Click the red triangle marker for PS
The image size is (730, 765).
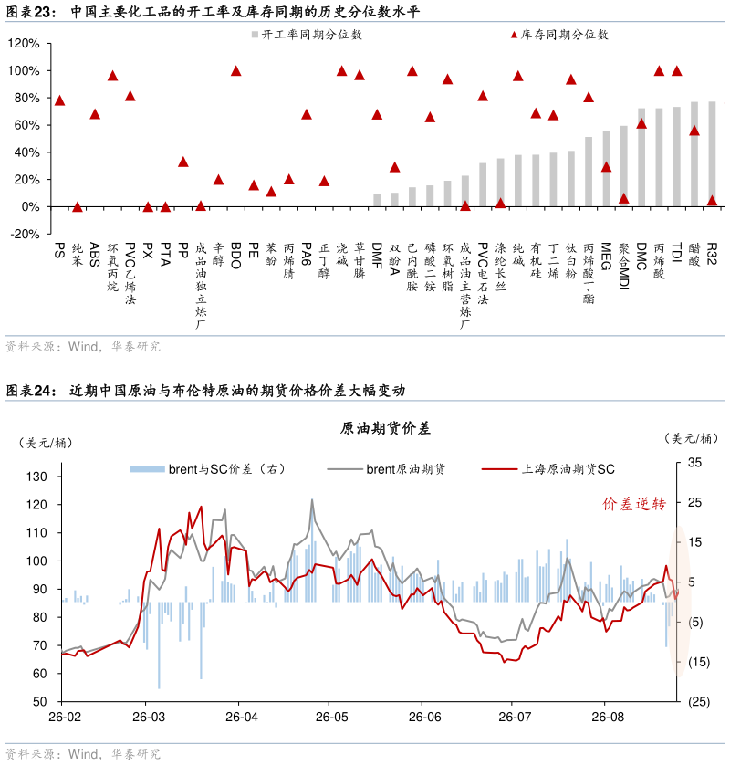coord(59,100)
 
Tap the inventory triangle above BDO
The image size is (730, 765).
coord(235,70)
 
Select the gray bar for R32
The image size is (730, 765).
coord(712,153)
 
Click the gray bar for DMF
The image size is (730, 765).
coord(377,200)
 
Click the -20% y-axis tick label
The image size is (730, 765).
coord(25,234)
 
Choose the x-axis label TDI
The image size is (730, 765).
coord(676,252)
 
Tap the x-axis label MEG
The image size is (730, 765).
coord(606,256)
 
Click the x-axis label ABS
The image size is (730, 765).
coord(95,254)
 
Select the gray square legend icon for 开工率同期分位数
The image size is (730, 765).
coord(255,35)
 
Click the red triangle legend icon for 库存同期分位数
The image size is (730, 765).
coord(514,35)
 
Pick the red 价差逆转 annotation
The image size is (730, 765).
coord(634,504)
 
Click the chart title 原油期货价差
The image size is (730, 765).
coord(385,428)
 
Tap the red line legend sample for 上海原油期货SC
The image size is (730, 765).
coord(499,469)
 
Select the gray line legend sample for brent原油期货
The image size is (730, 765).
coord(345,469)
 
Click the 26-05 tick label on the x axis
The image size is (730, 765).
coord(331,717)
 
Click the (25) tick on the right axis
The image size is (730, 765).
coord(698,702)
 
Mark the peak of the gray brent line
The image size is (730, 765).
coord(312,499)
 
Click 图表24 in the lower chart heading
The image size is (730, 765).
coord(29,391)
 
